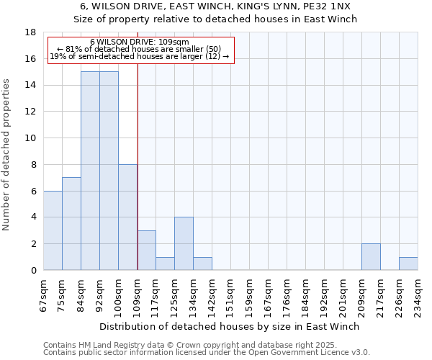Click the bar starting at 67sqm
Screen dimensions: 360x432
point(53,230)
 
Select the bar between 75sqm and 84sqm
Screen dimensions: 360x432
point(71,223)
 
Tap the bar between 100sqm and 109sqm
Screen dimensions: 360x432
point(127,217)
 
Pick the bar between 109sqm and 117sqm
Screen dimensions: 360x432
point(146,250)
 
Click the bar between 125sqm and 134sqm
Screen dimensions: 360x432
point(184,243)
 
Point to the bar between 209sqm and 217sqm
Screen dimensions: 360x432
point(371,256)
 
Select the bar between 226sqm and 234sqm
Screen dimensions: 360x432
point(408,264)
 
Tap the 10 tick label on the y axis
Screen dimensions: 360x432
point(31,138)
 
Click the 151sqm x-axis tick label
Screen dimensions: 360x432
point(230,294)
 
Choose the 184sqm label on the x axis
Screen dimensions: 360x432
point(305,294)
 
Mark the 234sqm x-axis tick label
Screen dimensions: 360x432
point(418,294)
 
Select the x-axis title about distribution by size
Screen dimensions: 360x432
point(229,326)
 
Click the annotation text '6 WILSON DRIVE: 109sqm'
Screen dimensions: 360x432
point(140,42)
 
